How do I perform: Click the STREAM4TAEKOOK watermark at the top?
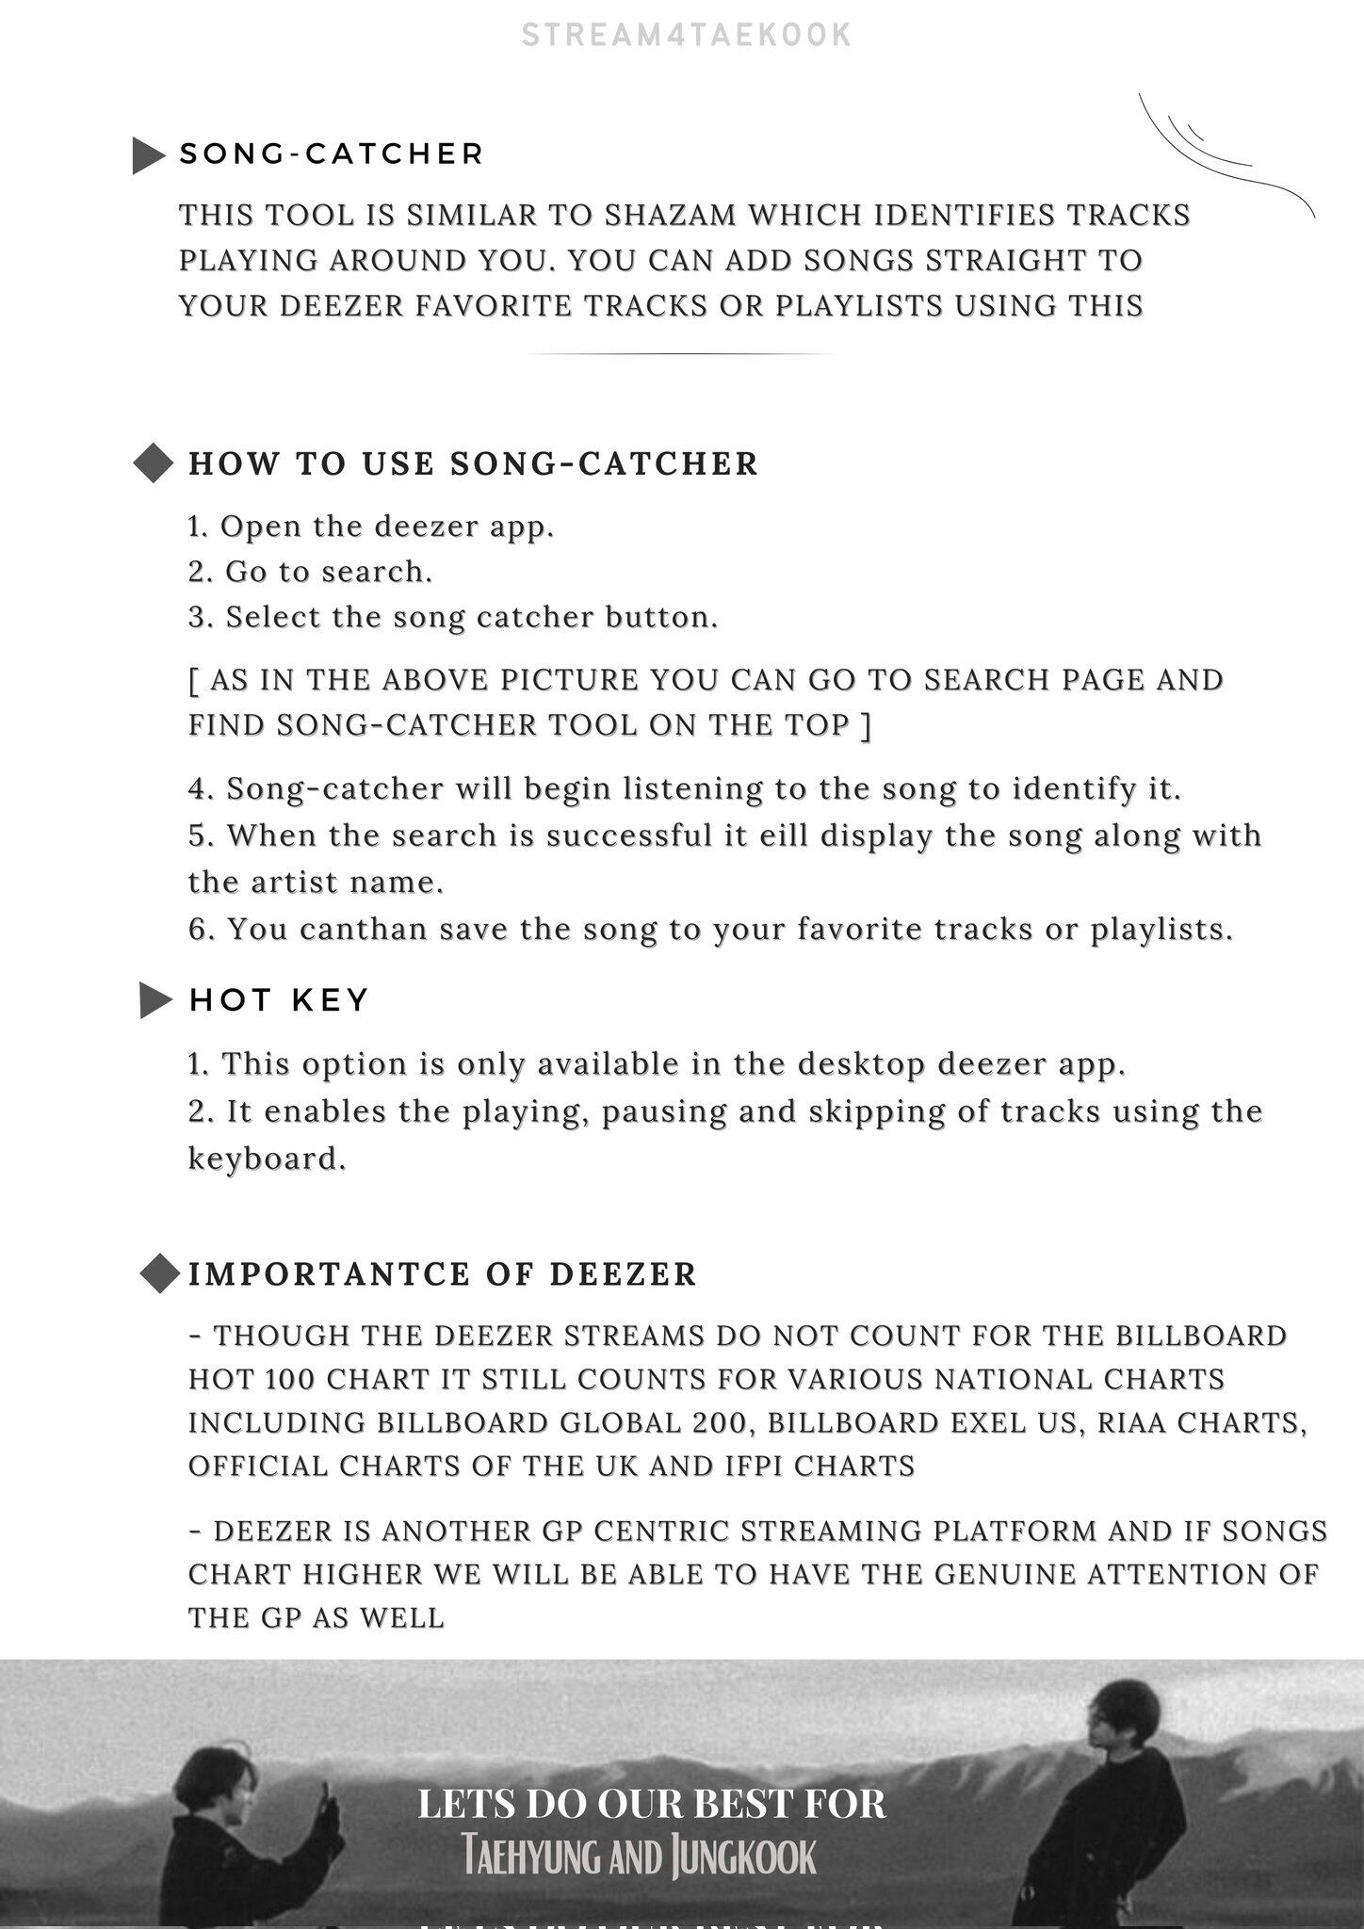[687, 36]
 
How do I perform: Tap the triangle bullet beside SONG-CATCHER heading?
[148, 155]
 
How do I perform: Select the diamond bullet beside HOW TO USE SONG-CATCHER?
[153, 463]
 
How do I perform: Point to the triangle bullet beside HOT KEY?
[154, 1000]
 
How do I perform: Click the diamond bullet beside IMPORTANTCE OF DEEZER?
[159, 1274]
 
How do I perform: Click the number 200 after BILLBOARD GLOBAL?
[721, 1423]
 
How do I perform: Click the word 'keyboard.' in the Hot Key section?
[268, 1159]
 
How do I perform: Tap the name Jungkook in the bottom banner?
[743, 1857]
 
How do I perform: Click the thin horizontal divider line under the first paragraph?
[679, 354]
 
